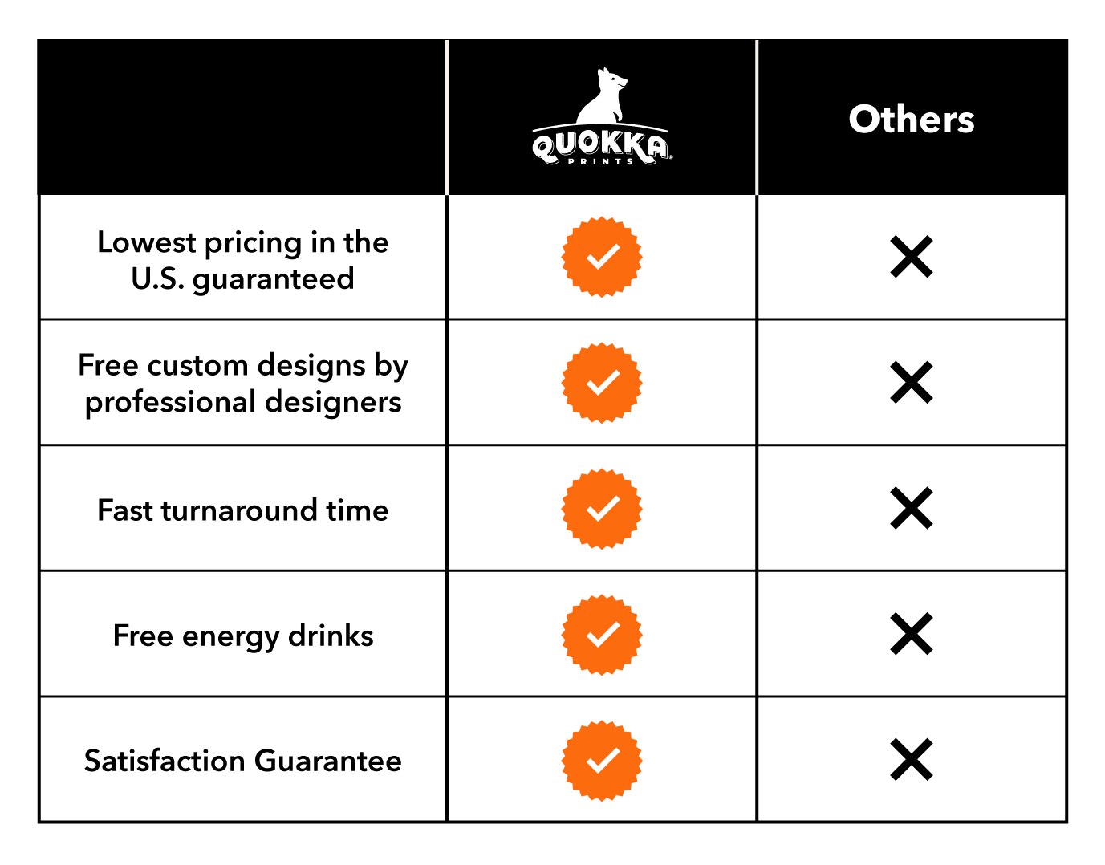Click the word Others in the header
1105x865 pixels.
pos(911,120)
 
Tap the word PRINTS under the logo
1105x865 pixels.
pos(601,162)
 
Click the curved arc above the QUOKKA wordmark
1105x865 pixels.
pos(600,125)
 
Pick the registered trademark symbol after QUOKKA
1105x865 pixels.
pos(670,158)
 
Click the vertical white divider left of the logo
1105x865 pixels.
pos(447,117)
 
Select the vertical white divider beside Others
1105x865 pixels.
pos(757,117)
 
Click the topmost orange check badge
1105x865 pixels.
pos(602,257)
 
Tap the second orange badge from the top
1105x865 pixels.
pos(602,383)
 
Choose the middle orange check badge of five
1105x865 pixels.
pos(602,509)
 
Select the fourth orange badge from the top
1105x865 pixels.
pos(602,635)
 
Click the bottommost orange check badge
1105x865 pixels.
pos(602,761)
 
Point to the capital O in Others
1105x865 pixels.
pos(864,120)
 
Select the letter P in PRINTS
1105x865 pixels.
pos(571,162)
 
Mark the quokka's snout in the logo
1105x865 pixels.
pos(624,80)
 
